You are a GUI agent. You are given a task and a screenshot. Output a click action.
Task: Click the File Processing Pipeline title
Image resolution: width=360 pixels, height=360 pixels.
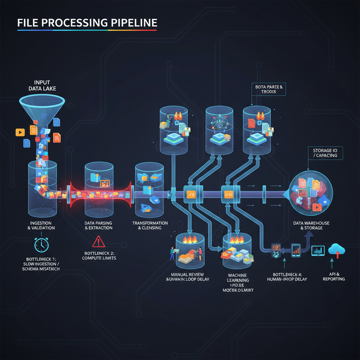87,23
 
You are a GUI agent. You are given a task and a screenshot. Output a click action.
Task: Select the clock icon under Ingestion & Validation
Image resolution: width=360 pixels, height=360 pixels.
41,245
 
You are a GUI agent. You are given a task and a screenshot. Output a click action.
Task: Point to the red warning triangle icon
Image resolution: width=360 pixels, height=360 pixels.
98,242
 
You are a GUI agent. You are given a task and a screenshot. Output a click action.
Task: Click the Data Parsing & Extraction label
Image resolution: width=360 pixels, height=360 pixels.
98,225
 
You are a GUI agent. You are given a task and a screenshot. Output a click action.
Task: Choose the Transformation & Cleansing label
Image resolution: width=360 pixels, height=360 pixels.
150,225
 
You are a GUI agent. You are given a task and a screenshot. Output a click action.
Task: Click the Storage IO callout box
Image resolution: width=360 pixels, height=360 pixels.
325,153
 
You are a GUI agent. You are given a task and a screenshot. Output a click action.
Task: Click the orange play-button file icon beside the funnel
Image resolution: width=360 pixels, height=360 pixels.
20,132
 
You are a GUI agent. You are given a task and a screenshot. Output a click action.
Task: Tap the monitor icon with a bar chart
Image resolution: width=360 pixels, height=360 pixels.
319,251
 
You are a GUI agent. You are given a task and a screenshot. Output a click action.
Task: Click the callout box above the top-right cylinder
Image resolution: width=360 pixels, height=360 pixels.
269,89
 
